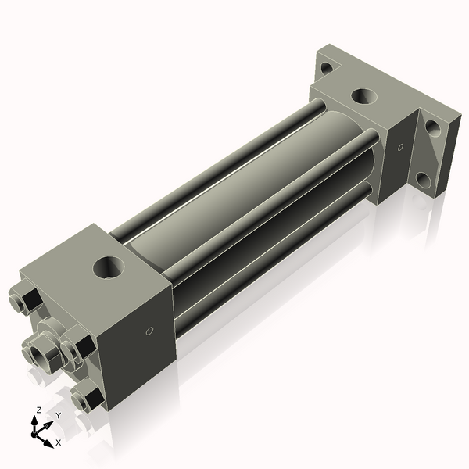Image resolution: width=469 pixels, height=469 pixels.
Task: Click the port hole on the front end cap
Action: (x=107, y=268)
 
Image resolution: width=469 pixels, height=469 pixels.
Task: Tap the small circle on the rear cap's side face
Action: (x=399, y=146)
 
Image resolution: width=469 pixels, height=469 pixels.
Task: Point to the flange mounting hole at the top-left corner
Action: (x=326, y=68)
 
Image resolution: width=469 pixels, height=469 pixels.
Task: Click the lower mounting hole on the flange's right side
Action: (x=423, y=181)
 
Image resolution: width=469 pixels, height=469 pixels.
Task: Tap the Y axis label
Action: (x=57, y=415)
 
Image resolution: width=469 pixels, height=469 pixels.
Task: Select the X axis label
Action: (x=58, y=442)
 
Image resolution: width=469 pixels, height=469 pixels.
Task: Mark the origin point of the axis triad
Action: (x=39, y=429)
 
